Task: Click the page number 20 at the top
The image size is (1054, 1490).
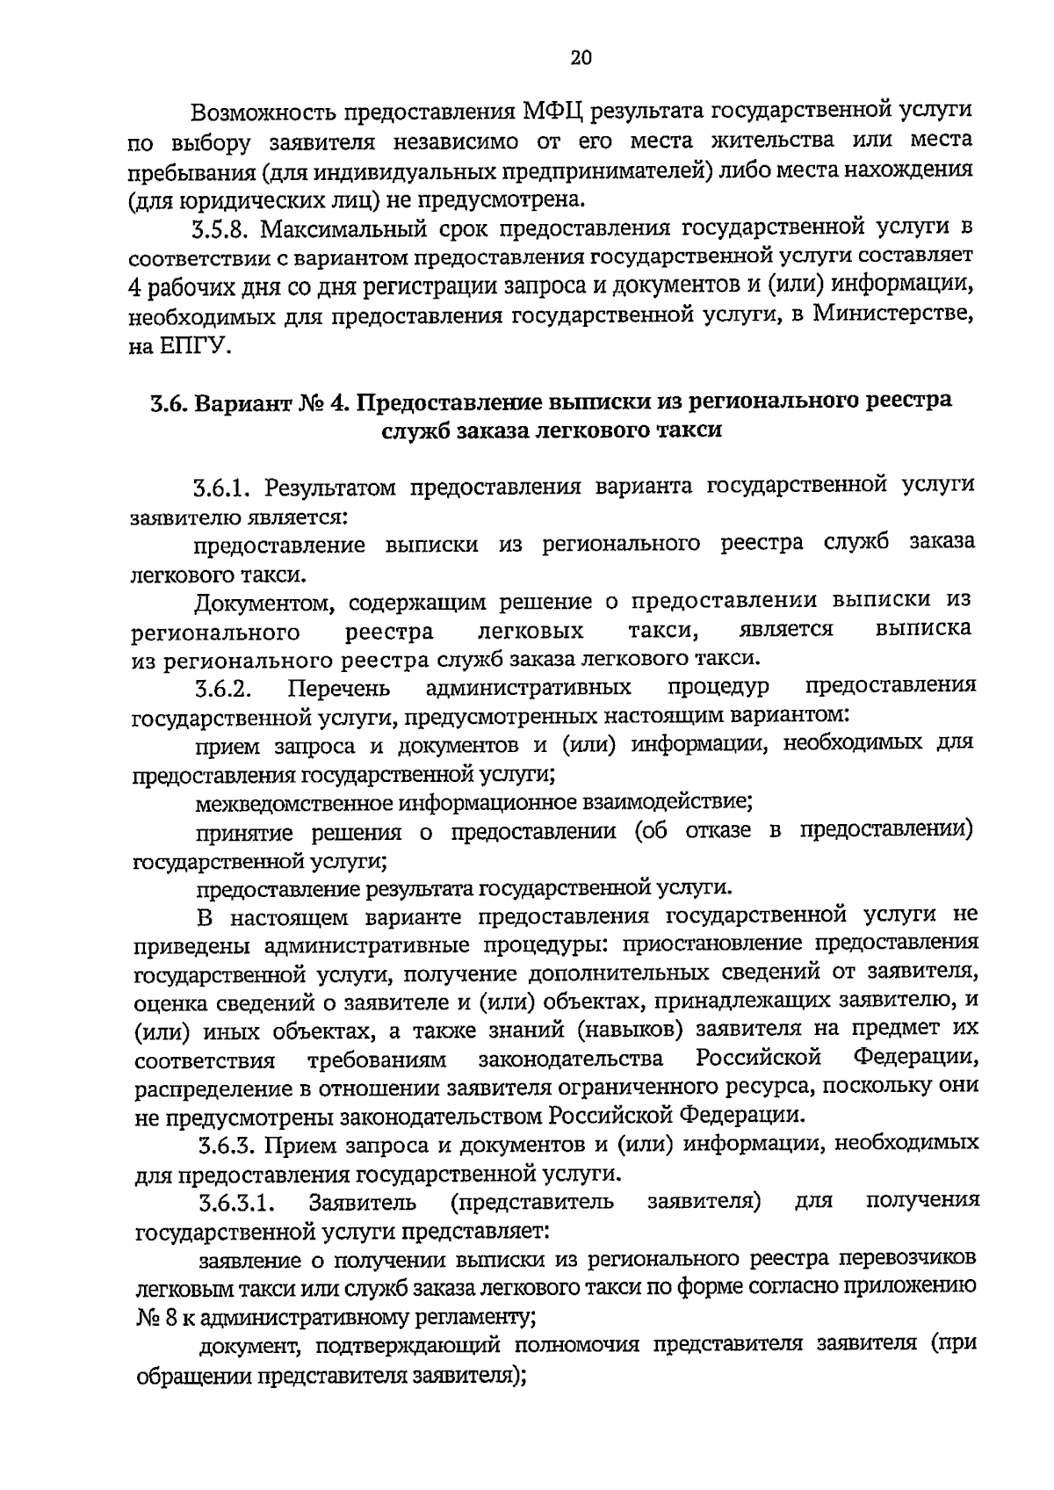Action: click(581, 58)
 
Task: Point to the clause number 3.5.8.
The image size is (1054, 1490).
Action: click(222, 231)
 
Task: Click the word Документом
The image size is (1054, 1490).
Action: click(263, 603)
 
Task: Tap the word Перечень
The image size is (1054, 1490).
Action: click(339, 688)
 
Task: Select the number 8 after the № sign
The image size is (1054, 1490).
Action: click(171, 1316)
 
